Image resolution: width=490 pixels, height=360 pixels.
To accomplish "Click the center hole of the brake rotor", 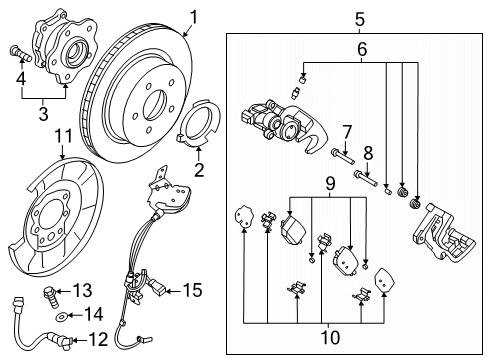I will point(154,104).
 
